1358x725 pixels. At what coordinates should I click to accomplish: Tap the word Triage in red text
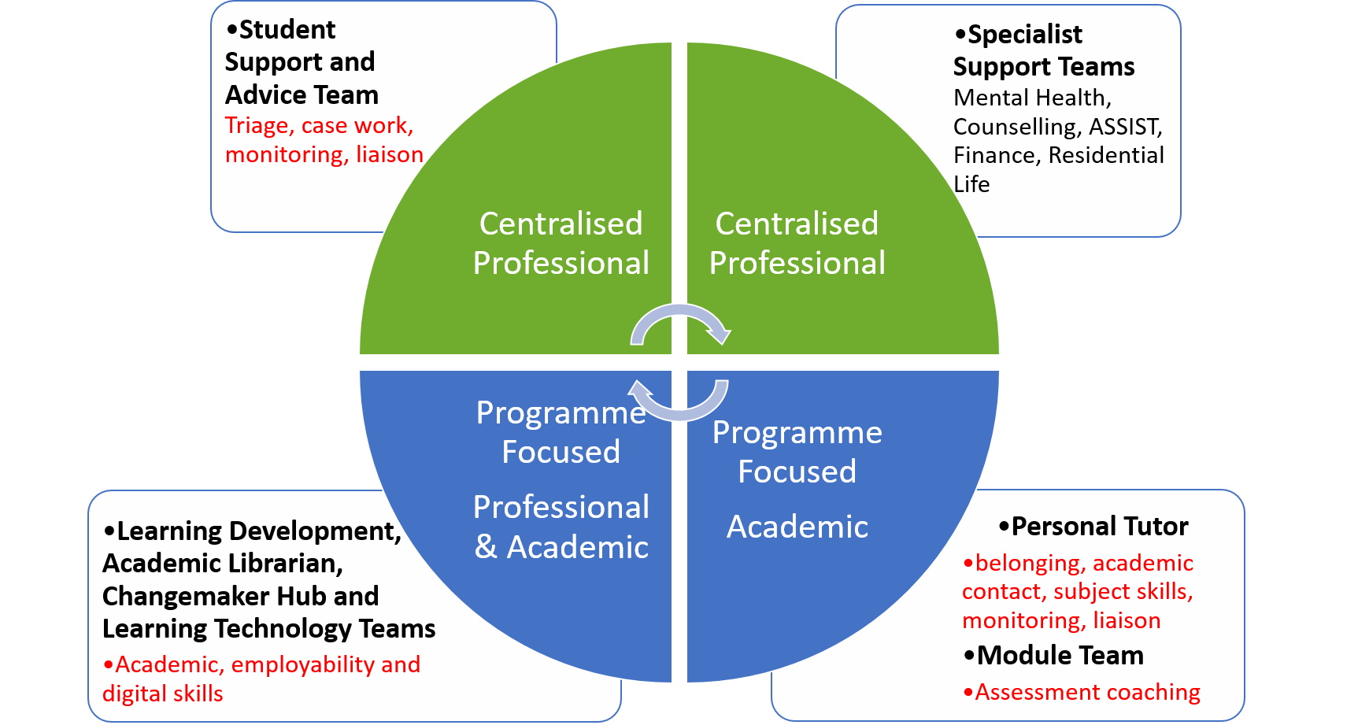257,126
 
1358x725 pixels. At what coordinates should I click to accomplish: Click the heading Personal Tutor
1099,526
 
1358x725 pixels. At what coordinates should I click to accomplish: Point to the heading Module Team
1060,655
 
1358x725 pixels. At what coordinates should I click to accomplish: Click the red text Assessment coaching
1087,692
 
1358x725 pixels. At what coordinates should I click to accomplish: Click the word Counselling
1016,127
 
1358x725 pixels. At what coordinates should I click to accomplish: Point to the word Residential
1106,155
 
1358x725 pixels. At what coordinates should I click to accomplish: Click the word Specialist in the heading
1024,35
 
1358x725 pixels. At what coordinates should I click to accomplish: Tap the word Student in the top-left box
287,30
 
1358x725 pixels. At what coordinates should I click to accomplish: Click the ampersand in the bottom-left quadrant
486,547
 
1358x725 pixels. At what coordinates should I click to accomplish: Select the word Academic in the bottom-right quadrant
797,527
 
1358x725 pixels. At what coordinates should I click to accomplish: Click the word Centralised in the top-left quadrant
561,224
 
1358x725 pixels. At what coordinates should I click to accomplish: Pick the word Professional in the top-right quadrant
797,263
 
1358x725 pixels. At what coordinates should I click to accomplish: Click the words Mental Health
1032,98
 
